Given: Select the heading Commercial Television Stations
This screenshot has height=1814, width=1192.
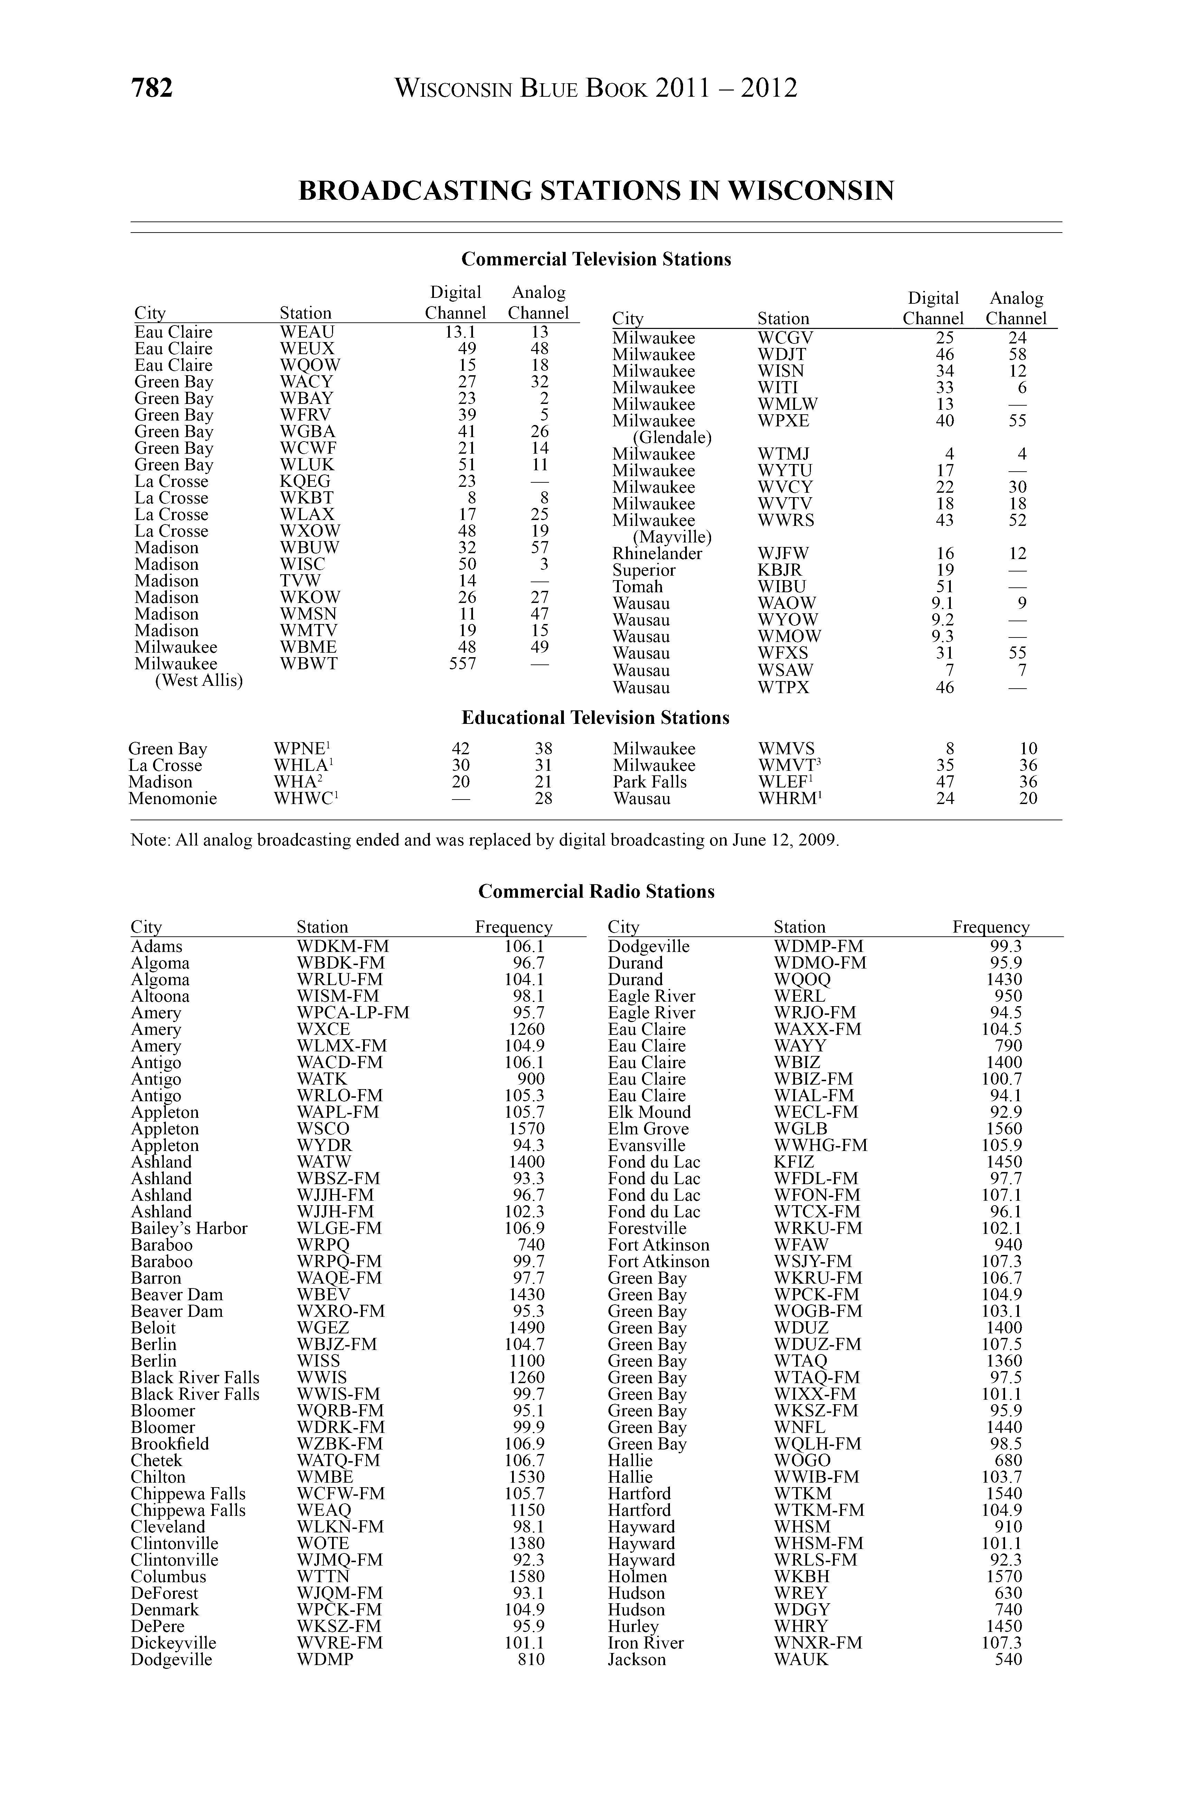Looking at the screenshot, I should (596, 260).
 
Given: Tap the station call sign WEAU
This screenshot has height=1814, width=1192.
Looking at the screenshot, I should (307, 332).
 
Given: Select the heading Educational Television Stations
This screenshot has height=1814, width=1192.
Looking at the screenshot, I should (595, 718).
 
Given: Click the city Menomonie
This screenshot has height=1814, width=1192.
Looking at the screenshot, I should (172, 799).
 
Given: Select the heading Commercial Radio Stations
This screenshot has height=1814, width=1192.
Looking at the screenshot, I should (596, 892).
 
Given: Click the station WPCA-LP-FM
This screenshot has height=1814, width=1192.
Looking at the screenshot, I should (353, 1013).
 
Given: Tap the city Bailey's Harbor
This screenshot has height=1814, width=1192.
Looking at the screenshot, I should (189, 1229).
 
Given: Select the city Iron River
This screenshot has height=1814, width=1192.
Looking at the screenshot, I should (645, 1643).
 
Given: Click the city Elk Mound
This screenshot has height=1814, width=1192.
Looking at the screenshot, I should (649, 1113).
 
